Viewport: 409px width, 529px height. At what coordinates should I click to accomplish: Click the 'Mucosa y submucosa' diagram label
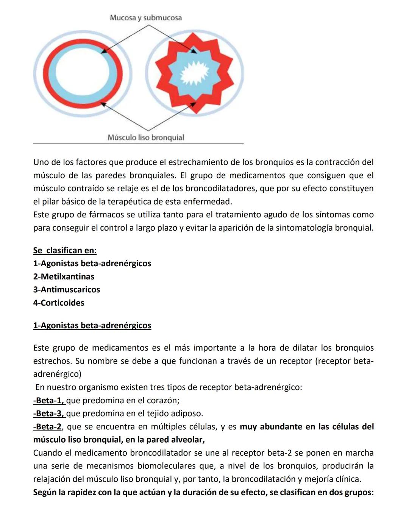pyautogui.click(x=145, y=18)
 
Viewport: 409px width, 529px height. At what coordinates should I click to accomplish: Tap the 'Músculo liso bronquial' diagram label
pyautogui.click(x=146, y=137)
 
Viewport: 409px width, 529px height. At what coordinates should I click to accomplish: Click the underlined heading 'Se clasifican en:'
pyautogui.click(x=65, y=250)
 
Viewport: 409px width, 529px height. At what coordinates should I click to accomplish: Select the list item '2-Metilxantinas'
pyautogui.click(x=64, y=276)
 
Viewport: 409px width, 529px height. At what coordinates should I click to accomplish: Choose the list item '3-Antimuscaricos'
pyautogui.click(x=67, y=290)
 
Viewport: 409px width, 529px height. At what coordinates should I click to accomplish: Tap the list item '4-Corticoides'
pyautogui.click(x=59, y=303)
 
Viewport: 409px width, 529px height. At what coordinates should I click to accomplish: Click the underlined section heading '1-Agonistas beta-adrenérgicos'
pyautogui.click(x=92, y=326)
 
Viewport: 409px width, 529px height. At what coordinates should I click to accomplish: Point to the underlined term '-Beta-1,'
pyautogui.click(x=49, y=401)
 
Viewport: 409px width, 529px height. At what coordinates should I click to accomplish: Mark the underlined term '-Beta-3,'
pyautogui.click(x=49, y=414)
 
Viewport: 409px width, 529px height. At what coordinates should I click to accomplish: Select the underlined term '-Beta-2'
pyautogui.click(x=47, y=427)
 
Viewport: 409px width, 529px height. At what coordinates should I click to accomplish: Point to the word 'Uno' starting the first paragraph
pyautogui.click(x=41, y=162)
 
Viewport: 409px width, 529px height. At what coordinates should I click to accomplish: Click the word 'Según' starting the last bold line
pyautogui.click(x=45, y=493)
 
